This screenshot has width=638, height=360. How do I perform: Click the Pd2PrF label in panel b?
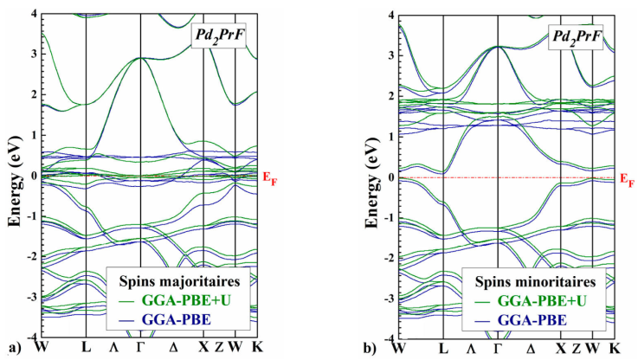click(575, 37)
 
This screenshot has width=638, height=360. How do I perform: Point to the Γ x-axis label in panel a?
click(141, 348)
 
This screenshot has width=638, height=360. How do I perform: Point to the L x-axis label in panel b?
click(443, 348)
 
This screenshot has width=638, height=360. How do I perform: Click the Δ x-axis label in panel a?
click(173, 348)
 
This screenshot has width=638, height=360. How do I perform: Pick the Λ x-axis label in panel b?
click(471, 348)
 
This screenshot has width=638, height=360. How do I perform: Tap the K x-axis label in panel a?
click(257, 348)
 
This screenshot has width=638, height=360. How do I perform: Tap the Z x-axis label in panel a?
click(218, 348)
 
